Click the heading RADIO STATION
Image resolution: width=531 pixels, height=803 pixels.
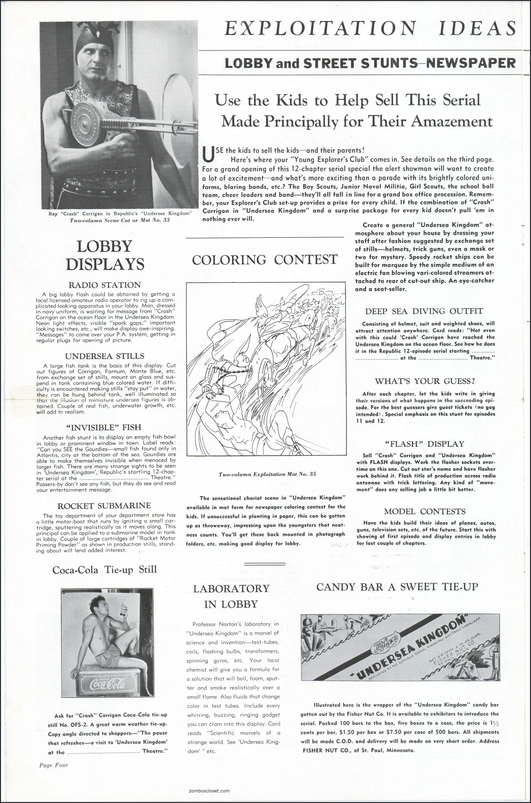(x=105, y=285)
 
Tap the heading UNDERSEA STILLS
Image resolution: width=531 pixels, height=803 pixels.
(x=105, y=356)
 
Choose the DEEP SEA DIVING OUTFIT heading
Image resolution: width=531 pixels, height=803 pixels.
(x=424, y=311)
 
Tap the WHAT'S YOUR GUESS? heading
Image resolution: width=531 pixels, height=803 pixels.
(x=425, y=381)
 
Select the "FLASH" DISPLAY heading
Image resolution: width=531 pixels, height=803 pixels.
(x=425, y=444)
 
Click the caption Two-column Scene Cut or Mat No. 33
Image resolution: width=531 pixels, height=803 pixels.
(x=120, y=220)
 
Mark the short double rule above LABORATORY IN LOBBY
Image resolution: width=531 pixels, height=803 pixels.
(x=265, y=564)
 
